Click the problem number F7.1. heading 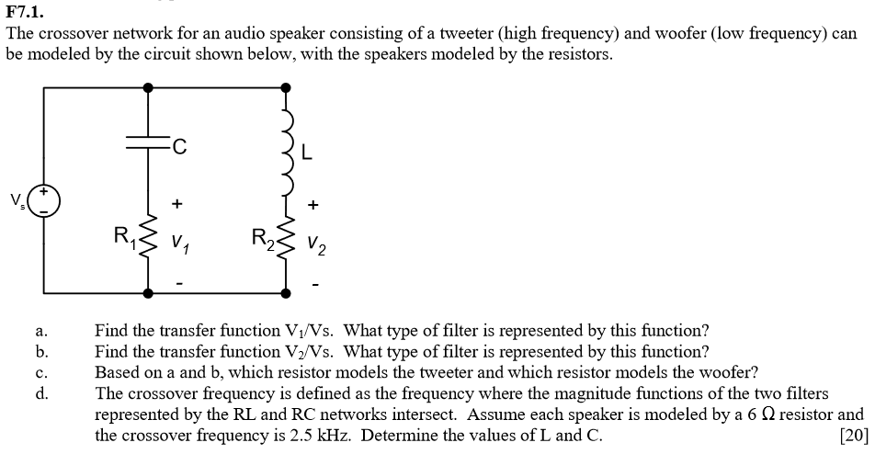[x=25, y=12]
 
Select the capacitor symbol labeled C [x=149, y=143]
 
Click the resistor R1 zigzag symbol [x=148, y=241]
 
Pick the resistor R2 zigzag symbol [x=288, y=241]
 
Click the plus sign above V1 [x=177, y=203]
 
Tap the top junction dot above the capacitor [x=149, y=87]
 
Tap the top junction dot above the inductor [x=288, y=87]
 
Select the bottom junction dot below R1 [x=149, y=293]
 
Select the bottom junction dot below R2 [x=288, y=293]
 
